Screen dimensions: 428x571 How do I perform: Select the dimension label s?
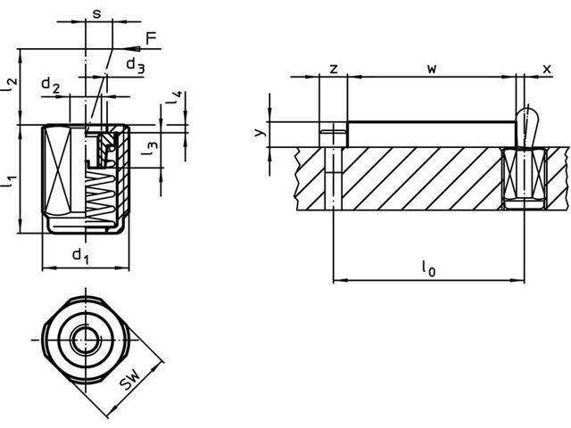pyautogui.click(x=96, y=13)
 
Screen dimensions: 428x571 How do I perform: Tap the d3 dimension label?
pyautogui.click(x=134, y=64)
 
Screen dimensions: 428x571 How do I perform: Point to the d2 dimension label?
pyautogui.click(x=51, y=86)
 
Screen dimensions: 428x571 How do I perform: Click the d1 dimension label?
pyautogui.click(x=80, y=257)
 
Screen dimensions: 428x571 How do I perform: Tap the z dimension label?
pyautogui.click(x=332, y=68)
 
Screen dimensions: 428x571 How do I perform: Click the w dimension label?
pyautogui.click(x=430, y=68)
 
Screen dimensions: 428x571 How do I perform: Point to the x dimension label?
pyautogui.click(x=546, y=68)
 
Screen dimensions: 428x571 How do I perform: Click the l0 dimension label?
pyautogui.click(x=429, y=267)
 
